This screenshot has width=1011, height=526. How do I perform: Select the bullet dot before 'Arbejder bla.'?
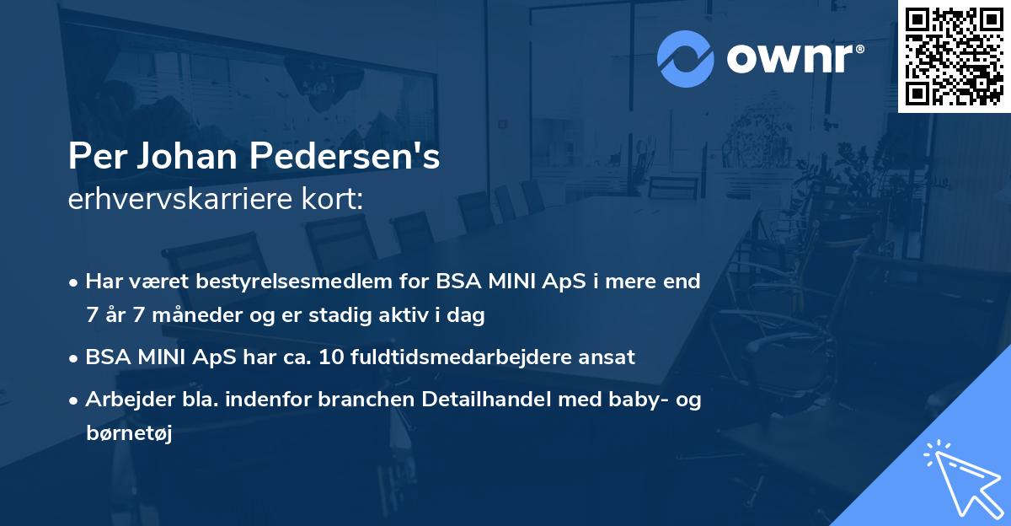click(75, 401)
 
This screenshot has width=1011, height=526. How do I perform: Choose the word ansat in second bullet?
click(608, 357)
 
